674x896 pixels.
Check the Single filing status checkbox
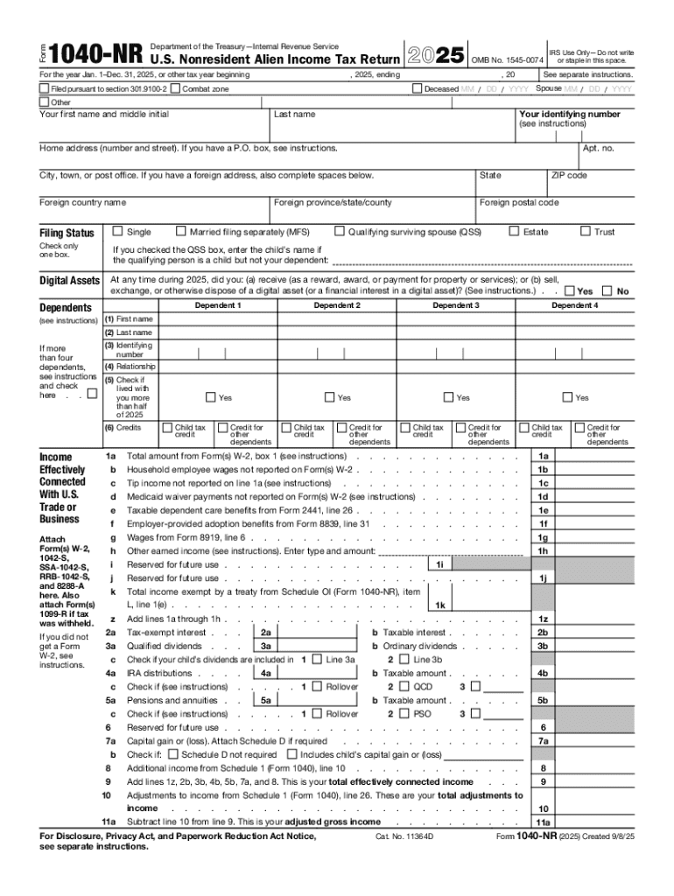tap(117, 232)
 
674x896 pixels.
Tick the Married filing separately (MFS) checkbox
tap(181, 232)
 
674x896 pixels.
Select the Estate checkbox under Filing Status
tap(514, 232)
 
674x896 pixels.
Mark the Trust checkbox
tap(586, 232)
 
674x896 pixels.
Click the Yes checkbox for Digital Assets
tap(570, 290)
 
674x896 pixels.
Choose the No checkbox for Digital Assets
tap(609, 290)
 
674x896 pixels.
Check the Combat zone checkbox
tap(176, 89)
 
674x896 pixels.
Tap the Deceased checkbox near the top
tap(418, 89)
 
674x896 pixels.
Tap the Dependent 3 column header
tap(455, 305)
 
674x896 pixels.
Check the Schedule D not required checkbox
tap(173, 754)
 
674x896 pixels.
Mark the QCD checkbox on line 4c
tap(404, 688)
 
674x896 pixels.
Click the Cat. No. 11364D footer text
tap(404, 836)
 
